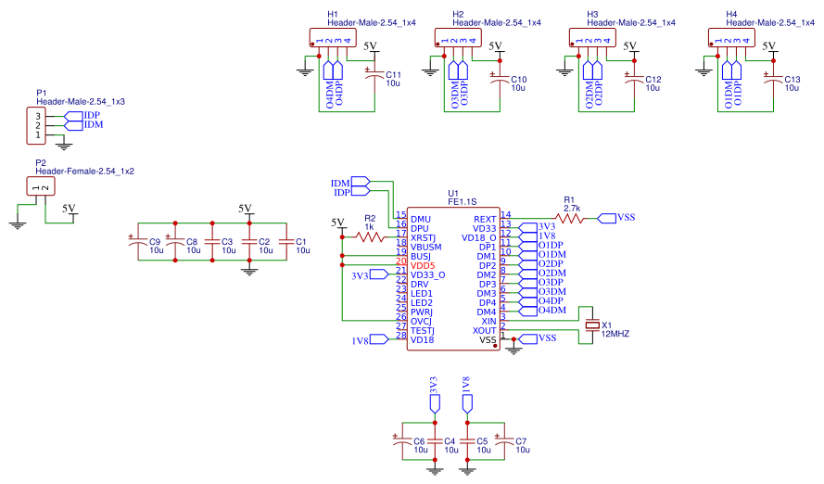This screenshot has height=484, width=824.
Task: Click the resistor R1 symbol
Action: [569, 218]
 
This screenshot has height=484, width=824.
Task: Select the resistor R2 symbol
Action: [369, 236]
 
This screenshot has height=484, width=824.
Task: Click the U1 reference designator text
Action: [454, 192]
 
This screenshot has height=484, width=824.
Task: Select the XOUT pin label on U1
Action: [483, 330]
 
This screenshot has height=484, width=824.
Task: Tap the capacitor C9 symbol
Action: [138, 243]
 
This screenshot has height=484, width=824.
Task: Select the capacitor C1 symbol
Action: [286, 243]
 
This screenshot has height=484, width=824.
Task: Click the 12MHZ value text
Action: [615, 333]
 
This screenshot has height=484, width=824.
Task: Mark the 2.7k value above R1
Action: [571, 209]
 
